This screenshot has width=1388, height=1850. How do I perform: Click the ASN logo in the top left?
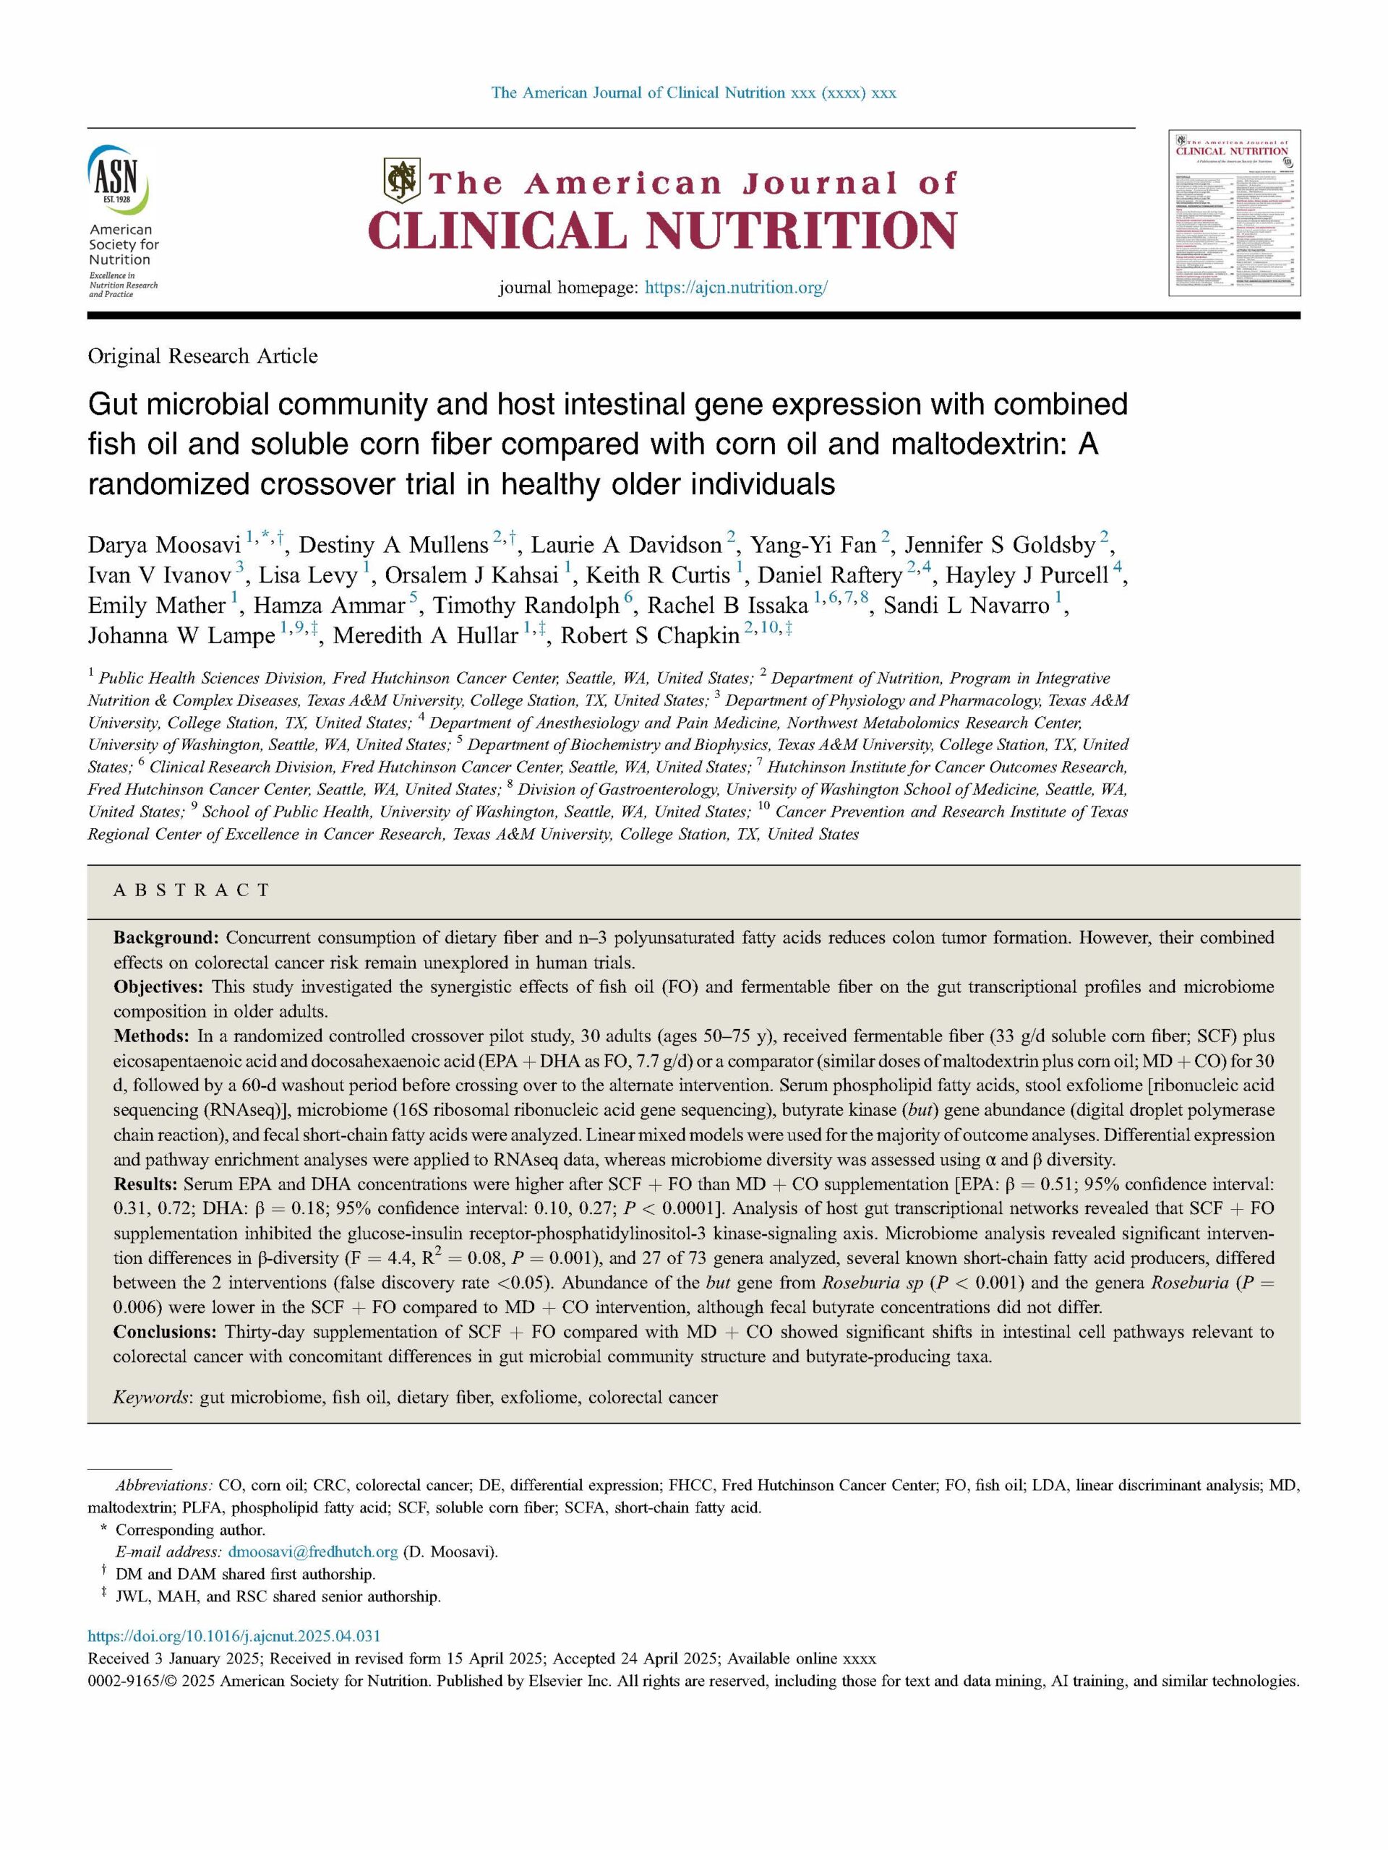[118, 178]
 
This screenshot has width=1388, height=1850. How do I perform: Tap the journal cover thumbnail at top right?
[1234, 213]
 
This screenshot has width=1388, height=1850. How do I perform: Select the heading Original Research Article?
[202, 356]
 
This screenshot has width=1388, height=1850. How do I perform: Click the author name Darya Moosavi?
[164, 546]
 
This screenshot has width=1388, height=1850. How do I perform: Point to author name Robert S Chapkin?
[649, 637]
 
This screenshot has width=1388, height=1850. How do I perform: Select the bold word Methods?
[150, 1036]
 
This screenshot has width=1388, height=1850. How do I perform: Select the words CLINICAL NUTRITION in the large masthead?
[661, 230]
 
